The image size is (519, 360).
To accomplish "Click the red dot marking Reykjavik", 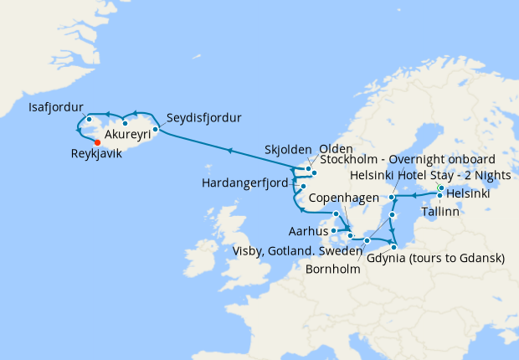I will (97, 141).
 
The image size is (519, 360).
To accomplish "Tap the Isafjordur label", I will (53, 108).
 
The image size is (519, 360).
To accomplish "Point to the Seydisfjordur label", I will (204, 116).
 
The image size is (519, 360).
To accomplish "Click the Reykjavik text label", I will (103, 154).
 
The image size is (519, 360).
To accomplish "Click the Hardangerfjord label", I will (245, 183).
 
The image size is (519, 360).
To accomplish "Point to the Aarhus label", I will (306, 229).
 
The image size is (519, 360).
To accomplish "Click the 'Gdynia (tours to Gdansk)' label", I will (434, 258).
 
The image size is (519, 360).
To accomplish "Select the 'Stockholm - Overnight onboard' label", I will (402, 159).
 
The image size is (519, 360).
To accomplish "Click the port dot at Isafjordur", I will (89, 119).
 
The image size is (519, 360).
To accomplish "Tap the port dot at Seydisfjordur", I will (156, 129).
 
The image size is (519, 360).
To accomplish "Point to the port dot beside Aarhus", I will (333, 229).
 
